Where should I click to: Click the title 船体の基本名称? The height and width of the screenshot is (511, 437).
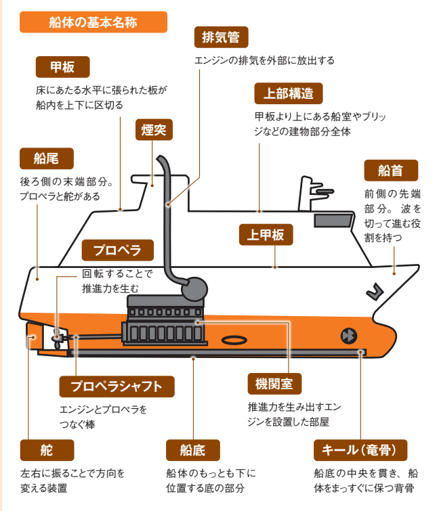[93, 22]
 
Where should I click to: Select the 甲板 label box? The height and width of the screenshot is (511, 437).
[62, 67]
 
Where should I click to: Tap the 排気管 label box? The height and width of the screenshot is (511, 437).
[221, 37]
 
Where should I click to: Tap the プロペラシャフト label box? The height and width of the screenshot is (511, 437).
[117, 386]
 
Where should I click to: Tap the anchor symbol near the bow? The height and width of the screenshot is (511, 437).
[373, 291]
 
